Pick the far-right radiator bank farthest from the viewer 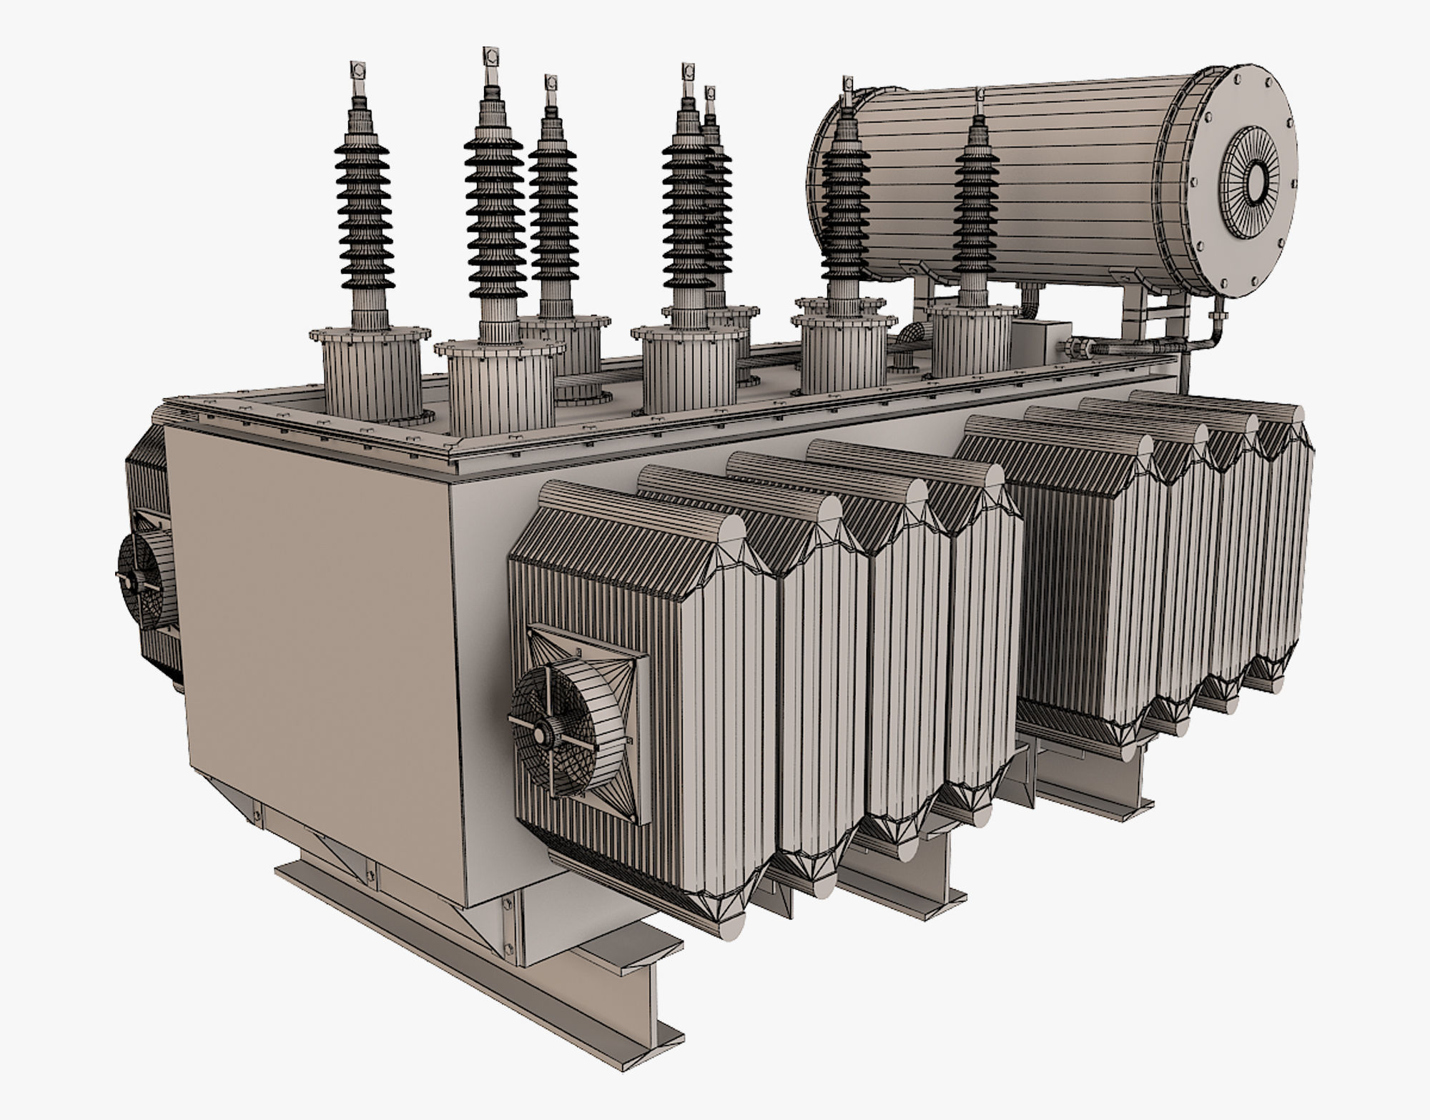(x=1280, y=536)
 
